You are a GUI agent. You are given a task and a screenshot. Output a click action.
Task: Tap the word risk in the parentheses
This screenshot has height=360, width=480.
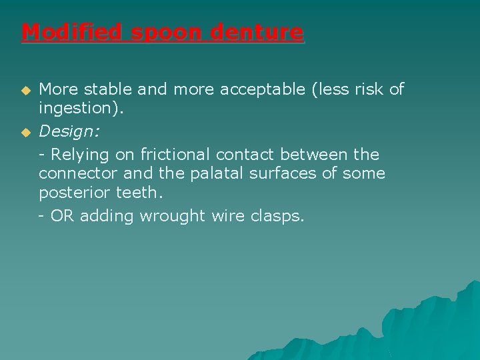(x=366, y=89)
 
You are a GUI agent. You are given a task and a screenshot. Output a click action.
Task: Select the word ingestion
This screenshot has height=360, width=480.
(x=74, y=108)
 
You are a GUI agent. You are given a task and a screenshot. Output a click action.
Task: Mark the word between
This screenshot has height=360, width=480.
(x=314, y=155)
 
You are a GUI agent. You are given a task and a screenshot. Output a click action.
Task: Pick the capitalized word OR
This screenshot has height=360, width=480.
(x=62, y=216)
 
